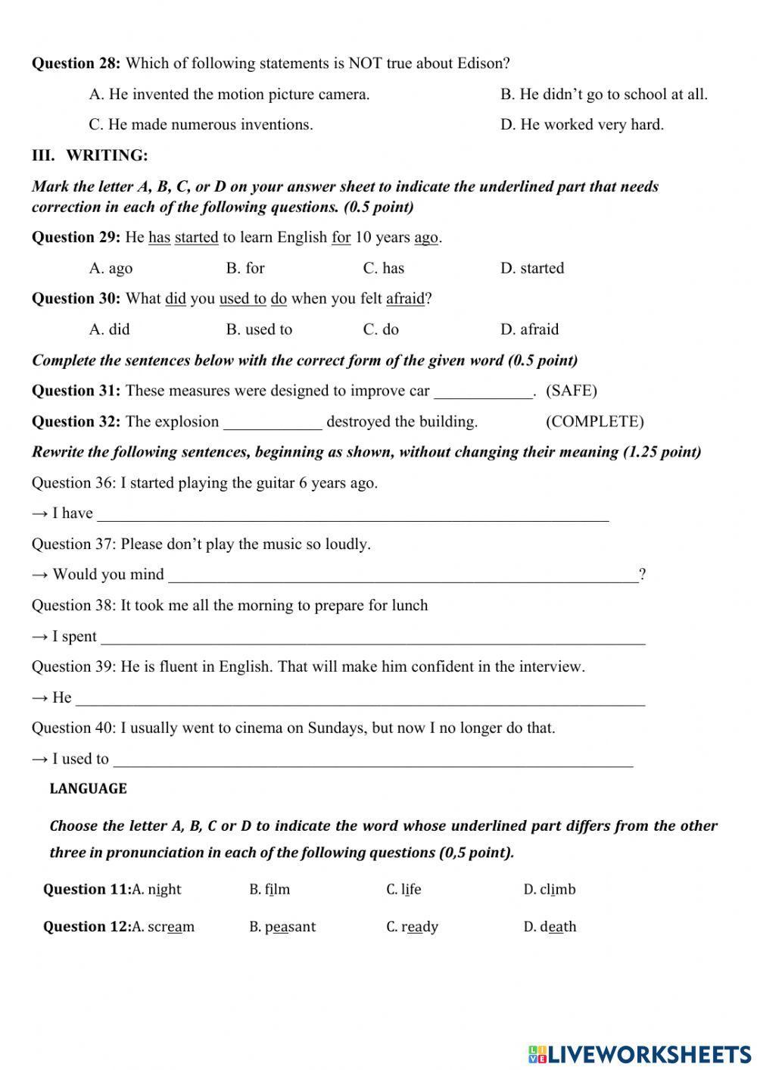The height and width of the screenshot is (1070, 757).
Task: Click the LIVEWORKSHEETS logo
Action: [x=640, y=1053]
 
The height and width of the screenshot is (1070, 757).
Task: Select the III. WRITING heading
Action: [x=89, y=155]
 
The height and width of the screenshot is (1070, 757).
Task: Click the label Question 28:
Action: [x=76, y=64]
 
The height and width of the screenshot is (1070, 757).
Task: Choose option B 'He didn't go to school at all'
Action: [x=603, y=95]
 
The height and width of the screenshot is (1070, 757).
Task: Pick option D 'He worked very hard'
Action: [x=581, y=125]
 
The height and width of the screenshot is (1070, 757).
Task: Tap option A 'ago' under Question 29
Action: [x=111, y=268]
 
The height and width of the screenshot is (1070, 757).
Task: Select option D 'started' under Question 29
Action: [x=531, y=268]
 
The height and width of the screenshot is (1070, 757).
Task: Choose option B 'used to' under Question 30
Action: [x=259, y=329]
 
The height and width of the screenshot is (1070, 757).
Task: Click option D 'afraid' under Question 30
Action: [x=529, y=329]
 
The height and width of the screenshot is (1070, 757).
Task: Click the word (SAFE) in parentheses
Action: [x=571, y=391]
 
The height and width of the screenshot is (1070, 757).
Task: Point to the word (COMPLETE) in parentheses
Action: [x=594, y=422]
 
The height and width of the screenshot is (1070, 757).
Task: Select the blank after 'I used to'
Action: [x=372, y=761]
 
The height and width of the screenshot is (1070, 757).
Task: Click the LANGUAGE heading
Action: [x=88, y=789]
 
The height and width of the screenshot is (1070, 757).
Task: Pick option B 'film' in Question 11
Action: [x=269, y=890]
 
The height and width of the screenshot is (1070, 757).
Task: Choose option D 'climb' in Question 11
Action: [x=549, y=890]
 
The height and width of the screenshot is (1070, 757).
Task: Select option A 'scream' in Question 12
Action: [x=163, y=927]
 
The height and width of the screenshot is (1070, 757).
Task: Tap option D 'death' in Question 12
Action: [x=550, y=927]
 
